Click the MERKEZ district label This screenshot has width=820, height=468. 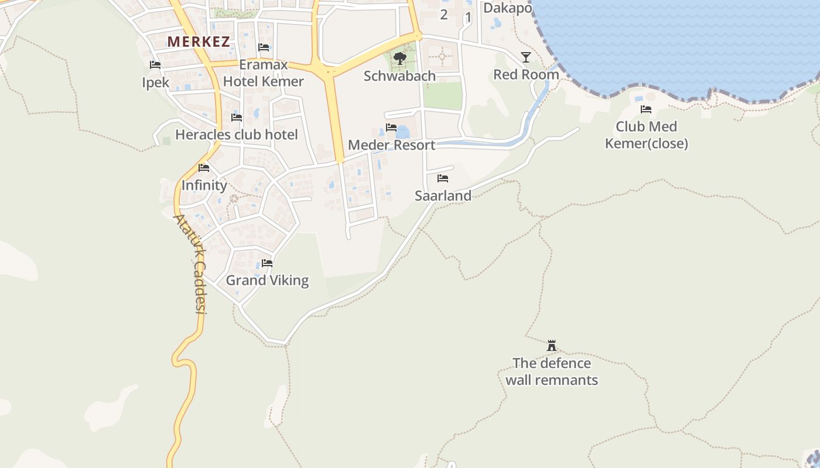(199, 42)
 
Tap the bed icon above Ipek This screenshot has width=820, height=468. (155, 65)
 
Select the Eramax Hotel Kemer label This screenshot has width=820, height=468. (264, 73)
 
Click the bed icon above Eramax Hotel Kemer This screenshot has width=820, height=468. (264, 47)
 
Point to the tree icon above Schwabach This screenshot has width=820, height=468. (400, 58)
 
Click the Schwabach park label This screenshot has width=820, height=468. (399, 76)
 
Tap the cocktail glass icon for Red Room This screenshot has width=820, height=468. (526, 57)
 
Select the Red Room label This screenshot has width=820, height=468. (526, 75)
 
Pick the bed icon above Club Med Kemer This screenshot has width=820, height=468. (646, 109)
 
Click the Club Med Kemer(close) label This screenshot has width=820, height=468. (646, 135)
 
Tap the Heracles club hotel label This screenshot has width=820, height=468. (237, 135)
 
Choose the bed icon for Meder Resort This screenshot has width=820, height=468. (391, 128)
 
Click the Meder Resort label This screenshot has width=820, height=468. (391, 145)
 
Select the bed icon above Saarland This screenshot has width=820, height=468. (443, 178)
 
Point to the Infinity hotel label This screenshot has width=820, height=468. (204, 185)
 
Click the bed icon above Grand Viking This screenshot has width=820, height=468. (267, 263)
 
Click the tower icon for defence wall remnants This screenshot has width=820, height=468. (551, 346)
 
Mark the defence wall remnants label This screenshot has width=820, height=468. (551, 371)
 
